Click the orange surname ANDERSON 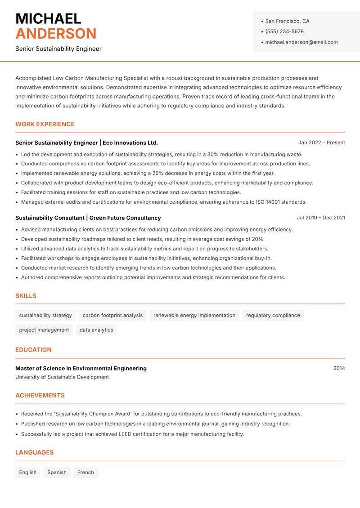(x=56, y=34)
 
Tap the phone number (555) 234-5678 (x=284, y=31)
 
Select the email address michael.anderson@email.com (x=301, y=42)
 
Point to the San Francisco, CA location (x=287, y=21)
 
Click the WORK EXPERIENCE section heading (x=45, y=124)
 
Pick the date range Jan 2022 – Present (x=321, y=143)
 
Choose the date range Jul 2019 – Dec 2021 (x=321, y=218)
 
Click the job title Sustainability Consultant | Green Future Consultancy (x=88, y=218)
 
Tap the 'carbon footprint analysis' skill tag (x=112, y=316)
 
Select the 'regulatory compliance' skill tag (x=273, y=316)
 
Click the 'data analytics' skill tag (x=96, y=330)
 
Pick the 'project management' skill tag (x=44, y=330)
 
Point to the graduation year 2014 (x=339, y=368)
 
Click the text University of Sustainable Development (x=62, y=377)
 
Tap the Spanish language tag (x=57, y=472)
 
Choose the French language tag (x=85, y=472)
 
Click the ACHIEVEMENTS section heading (x=40, y=396)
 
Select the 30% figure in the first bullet (x=213, y=155)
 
